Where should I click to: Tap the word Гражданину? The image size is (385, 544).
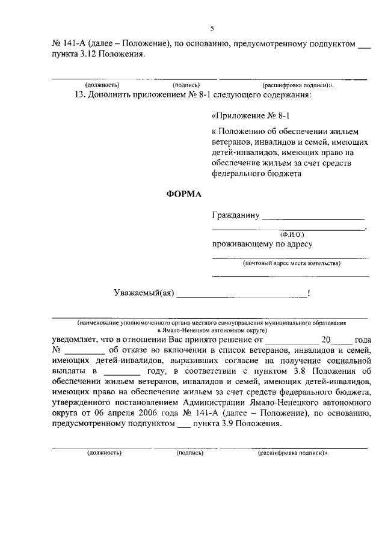235,215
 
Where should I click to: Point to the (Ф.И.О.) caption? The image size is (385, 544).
292,234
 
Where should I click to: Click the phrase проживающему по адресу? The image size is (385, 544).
262,244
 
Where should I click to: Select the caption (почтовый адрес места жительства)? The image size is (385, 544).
292,263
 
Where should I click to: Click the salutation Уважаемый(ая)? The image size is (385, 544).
144,293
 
